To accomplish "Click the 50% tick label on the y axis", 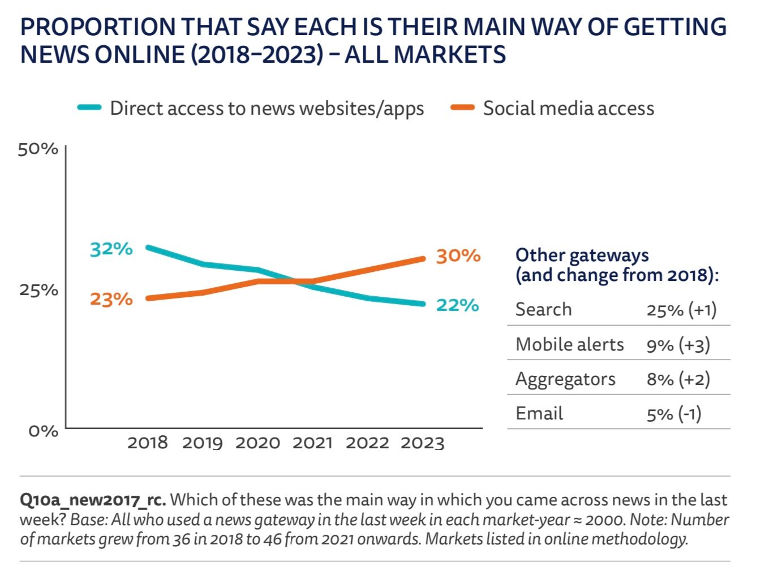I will tap(38, 149).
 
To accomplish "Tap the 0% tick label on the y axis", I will tap(43, 431).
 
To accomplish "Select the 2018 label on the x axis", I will tap(147, 443).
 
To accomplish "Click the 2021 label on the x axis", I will tap(312, 443).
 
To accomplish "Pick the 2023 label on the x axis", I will tap(422, 443).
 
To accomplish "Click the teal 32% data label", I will tap(111, 249).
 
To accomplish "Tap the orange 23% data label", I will tap(111, 298).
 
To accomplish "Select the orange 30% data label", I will tap(458, 256).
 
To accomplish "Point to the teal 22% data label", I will tap(457, 305).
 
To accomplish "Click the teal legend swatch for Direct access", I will tap(89, 107).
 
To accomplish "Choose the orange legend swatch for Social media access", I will tap(462, 107).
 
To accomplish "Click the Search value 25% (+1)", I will tap(681, 310).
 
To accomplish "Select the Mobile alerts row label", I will tap(569, 344).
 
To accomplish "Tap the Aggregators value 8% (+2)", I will tap(678, 379).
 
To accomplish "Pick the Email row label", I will tap(539, 413).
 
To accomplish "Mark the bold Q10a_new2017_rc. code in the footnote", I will tap(93, 500).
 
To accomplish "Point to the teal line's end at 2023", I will tap(422, 304).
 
